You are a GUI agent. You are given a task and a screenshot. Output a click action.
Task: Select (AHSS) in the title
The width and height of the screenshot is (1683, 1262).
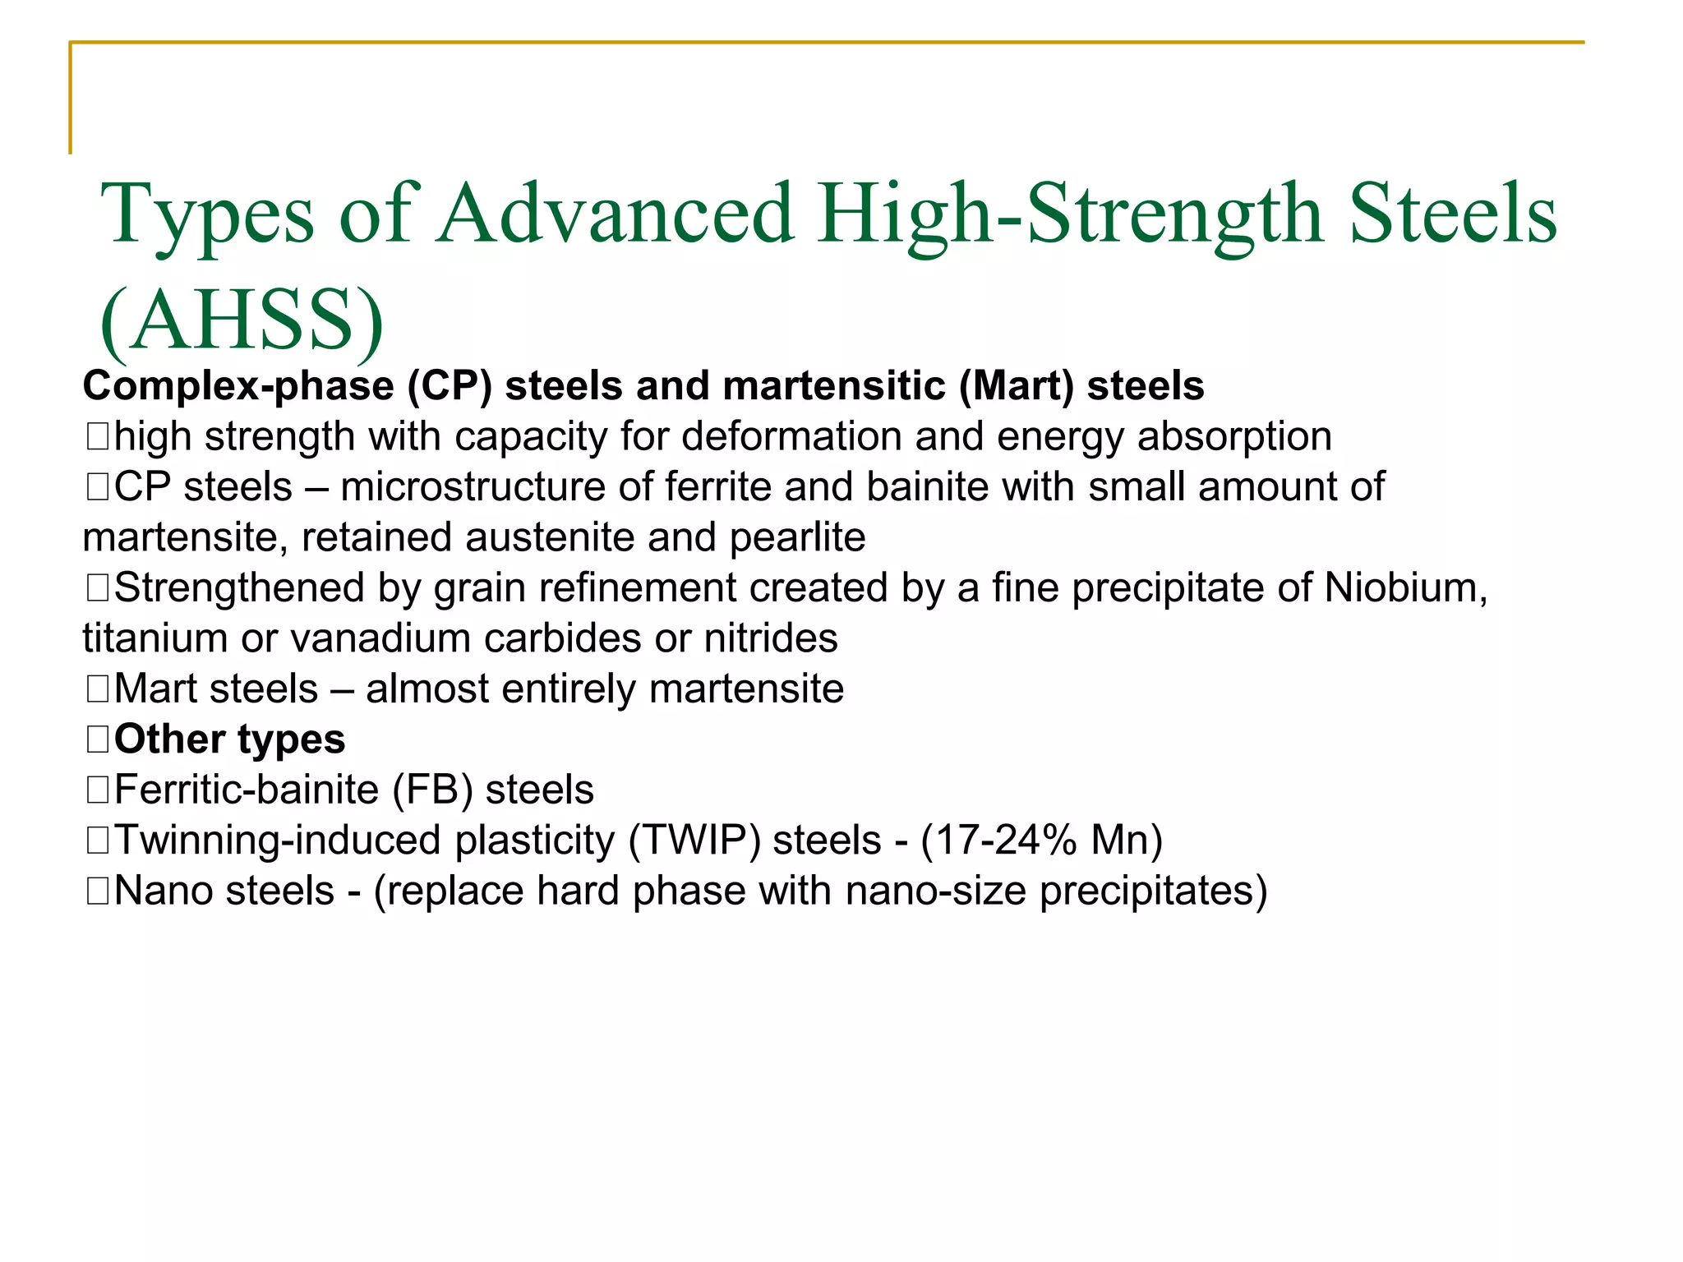coord(242,320)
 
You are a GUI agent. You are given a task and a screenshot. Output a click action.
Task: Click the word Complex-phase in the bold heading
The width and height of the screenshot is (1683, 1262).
coord(238,386)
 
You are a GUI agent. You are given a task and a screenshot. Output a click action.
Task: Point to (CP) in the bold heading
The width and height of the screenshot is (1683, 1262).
coord(450,386)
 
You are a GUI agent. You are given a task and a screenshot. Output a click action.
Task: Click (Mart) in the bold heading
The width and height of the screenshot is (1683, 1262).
coord(1016,386)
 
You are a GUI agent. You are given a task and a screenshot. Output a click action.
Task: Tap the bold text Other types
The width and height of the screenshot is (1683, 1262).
coord(229,739)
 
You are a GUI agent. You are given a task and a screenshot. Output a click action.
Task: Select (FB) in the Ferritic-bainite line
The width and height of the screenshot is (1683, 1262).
coord(432,790)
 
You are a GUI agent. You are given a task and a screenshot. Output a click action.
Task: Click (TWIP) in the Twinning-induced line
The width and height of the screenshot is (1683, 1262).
coord(694,841)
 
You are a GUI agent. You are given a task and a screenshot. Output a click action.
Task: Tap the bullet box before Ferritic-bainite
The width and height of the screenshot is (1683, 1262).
coord(97,790)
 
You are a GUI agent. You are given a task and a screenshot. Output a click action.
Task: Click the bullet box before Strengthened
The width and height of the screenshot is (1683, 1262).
coord(97,588)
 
